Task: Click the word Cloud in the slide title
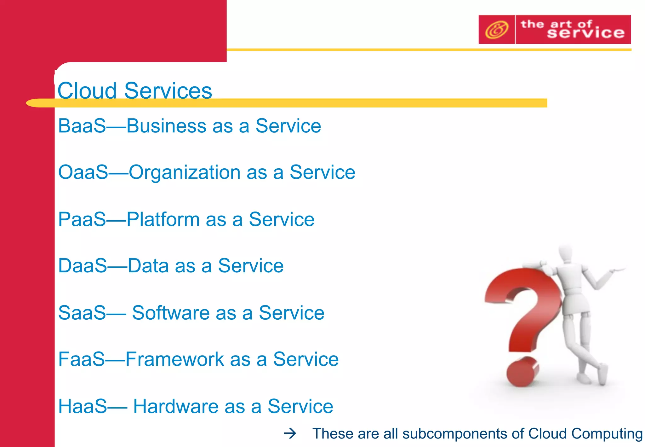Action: (x=87, y=91)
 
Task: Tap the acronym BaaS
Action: (x=82, y=126)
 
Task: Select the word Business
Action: (x=166, y=126)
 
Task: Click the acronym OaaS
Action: (x=83, y=172)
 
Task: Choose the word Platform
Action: (x=163, y=220)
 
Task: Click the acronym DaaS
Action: (x=83, y=266)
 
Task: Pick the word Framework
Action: (x=174, y=359)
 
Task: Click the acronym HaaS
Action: (x=83, y=406)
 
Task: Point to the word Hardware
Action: (x=175, y=406)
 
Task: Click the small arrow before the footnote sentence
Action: (x=290, y=434)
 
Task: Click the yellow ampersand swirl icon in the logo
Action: (x=496, y=30)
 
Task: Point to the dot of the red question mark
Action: (x=522, y=372)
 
